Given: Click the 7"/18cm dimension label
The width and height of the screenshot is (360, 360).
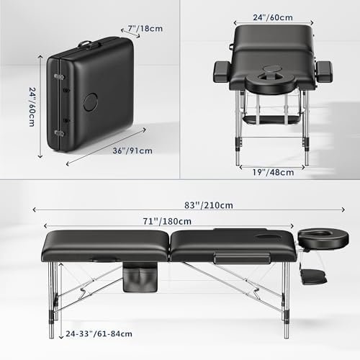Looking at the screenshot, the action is (145, 29).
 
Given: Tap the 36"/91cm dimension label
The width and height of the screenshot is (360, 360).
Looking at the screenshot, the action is (132, 150).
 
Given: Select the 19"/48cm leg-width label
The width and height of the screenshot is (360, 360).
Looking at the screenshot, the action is (273, 172).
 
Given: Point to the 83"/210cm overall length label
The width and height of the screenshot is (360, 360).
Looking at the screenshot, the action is (209, 205).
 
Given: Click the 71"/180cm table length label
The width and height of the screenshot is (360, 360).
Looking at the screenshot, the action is (167, 221).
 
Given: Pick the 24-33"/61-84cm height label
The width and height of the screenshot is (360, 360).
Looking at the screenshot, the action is (99, 334).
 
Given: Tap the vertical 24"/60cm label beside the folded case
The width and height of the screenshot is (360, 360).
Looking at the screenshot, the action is (32, 107).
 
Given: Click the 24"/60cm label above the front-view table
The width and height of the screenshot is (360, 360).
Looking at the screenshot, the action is (273, 17).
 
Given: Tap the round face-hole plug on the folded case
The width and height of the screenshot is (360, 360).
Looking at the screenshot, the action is (91, 102).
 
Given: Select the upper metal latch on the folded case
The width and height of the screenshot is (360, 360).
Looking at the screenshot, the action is (59, 77).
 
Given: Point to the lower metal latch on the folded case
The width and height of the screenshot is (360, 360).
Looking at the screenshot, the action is (59, 133).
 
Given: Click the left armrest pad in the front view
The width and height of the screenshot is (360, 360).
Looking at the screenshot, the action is (222, 72).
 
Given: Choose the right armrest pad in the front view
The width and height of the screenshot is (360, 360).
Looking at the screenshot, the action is (324, 72).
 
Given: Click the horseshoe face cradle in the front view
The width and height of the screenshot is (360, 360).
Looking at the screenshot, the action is (272, 85).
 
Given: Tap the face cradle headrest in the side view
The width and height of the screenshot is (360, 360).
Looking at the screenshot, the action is (323, 238).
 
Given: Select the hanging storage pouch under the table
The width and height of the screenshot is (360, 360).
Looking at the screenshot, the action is (140, 277).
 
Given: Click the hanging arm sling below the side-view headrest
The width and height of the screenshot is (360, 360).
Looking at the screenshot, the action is (314, 276).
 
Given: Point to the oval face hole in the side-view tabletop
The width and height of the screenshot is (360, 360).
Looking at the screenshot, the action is (267, 237).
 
